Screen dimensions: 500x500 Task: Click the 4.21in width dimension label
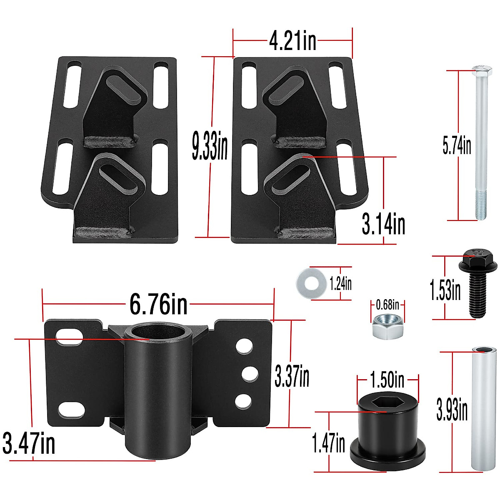click(x=292, y=41)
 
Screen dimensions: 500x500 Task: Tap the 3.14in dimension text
click(x=383, y=224)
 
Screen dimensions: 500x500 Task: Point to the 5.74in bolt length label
click(x=457, y=145)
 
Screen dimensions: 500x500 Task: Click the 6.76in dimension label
click(x=158, y=304)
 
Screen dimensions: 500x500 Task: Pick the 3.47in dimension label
click(x=29, y=443)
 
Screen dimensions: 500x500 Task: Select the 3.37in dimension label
click(x=292, y=376)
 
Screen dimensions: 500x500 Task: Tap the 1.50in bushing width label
click(x=387, y=380)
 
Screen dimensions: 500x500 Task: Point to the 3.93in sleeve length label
click(x=452, y=410)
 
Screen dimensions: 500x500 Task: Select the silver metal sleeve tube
click(x=484, y=408)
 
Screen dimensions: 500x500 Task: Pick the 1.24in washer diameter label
click(x=340, y=284)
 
